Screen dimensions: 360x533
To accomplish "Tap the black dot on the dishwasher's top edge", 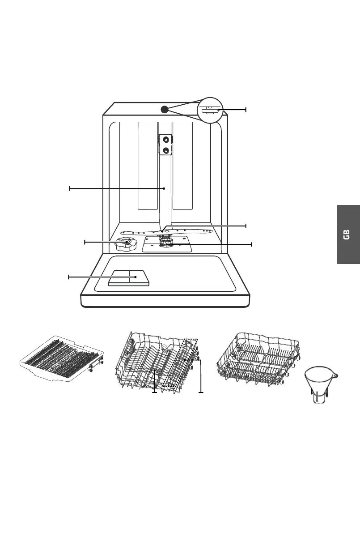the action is [x=164, y=109].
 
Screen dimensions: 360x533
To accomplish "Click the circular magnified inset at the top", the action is [x=210, y=110].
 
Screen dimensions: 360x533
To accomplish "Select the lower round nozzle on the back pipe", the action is [x=166, y=151].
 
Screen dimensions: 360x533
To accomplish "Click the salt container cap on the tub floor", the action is [x=126, y=244].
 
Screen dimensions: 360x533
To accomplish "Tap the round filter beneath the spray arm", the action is [x=167, y=243].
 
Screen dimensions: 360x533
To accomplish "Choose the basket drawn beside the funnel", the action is [x=258, y=358].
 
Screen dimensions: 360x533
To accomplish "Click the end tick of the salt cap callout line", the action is [x=85, y=242].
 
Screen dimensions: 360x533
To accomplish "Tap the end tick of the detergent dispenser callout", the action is [x=68, y=277].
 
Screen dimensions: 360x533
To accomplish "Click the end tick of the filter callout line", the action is [x=251, y=244].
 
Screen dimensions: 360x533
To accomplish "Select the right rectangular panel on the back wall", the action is [x=182, y=166].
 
